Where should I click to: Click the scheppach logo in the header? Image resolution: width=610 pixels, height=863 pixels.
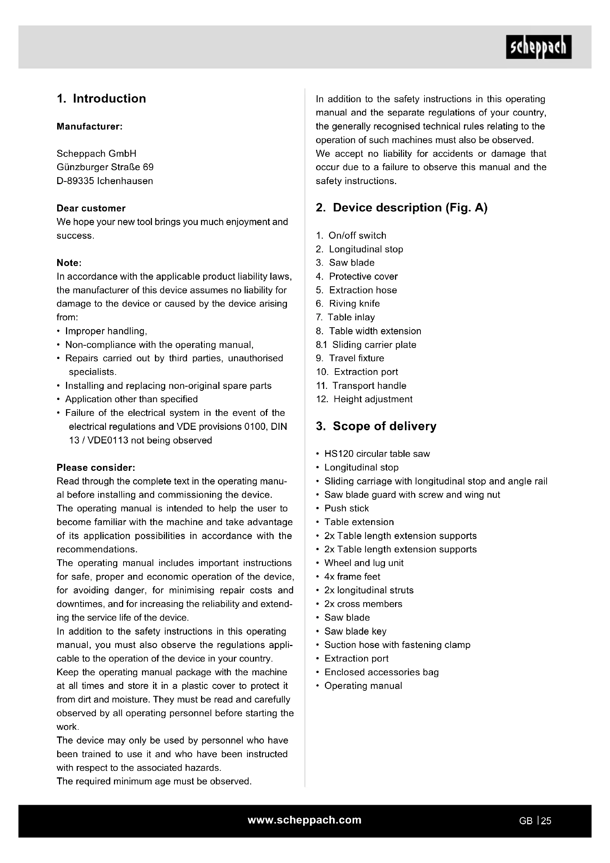(538, 47)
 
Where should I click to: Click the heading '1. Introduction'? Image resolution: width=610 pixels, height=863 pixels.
(101, 99)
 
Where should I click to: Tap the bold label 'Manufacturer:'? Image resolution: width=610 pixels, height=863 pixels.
(89, 126)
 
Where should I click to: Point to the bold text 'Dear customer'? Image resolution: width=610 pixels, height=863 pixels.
(91, 208)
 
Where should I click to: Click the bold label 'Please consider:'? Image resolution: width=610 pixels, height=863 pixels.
(96, 467)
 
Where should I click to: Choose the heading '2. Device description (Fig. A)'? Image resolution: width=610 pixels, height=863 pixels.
(402, 207)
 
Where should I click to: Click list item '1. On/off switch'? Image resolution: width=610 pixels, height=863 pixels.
(351, 235)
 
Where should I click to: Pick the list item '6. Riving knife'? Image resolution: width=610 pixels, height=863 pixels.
(348, 303)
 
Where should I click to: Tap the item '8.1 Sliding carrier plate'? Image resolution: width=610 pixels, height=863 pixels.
(366, 345)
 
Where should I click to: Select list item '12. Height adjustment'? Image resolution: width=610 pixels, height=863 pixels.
(364, 399)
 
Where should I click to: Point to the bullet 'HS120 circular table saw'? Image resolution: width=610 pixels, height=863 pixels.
(377, 454)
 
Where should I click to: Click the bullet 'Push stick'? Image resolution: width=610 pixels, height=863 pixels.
(346, 508)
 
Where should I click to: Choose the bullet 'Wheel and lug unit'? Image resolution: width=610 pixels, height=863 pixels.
(364, 563)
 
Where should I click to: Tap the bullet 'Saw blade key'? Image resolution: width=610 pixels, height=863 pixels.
(355, 631)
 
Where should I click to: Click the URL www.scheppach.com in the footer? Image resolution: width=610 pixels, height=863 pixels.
(305, 820)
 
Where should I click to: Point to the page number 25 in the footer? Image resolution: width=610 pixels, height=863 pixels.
(546, 821)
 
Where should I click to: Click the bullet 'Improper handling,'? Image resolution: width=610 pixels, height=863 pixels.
(106, 331)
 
